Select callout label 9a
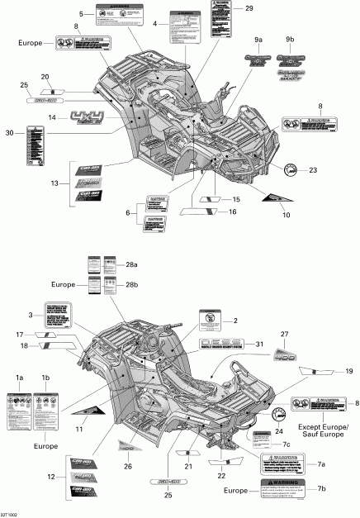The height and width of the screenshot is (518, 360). (x=258, y=40)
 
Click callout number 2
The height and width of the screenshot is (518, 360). (x=234, y=320)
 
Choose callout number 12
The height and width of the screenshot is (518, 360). (x=54, y=478)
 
